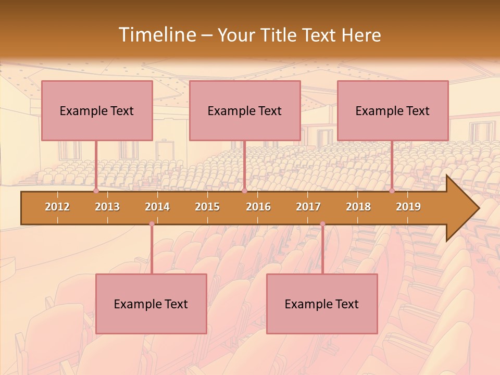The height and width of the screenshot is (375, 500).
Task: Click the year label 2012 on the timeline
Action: (57, 207)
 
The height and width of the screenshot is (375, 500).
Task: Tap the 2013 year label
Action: (107, 207)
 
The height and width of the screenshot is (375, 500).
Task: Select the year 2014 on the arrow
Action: (157, 207)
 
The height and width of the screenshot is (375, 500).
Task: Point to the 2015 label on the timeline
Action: (207, 207)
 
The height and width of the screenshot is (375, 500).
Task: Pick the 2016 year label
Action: (258, 207)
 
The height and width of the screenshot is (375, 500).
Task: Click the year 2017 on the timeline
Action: (308, 207)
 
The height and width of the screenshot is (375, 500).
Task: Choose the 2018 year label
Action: (358, 207)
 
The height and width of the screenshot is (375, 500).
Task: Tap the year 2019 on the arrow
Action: (408, 207)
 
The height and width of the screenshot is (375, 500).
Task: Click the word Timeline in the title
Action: (156, 35)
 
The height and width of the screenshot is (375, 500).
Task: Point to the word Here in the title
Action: (361, 35)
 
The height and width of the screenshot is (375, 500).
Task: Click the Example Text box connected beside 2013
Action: (97, 110)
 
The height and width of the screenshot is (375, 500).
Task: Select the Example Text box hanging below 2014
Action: (151, 304)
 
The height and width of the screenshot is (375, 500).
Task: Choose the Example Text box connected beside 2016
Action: (245, 110)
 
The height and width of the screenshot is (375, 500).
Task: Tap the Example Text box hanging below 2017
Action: (322, 304)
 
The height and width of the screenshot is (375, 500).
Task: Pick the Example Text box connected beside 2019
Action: (393, 110)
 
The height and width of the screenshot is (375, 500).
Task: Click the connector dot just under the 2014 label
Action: (152, 224)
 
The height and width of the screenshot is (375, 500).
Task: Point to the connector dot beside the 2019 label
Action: (392, 191)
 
